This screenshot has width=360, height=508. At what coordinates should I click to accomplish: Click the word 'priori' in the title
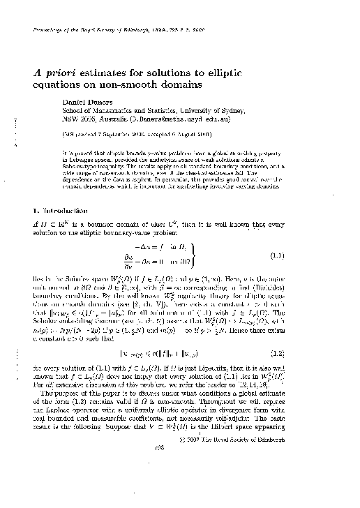tap(60, 72)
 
